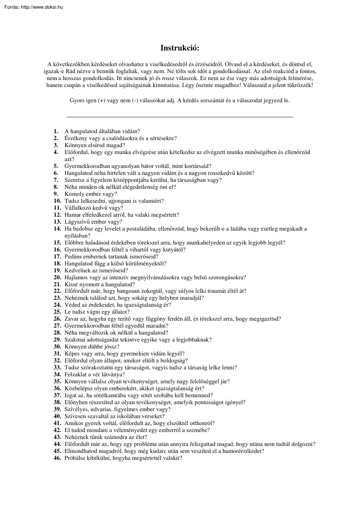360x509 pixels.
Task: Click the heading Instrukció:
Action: coord(180,48)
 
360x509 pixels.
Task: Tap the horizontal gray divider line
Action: coord(179,117)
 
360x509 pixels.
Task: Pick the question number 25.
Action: coord(57,312)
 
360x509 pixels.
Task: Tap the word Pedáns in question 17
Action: coord(74,257)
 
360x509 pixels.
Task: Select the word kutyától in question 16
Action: coord(174,250)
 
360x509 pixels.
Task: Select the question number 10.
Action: coord(57,201)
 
